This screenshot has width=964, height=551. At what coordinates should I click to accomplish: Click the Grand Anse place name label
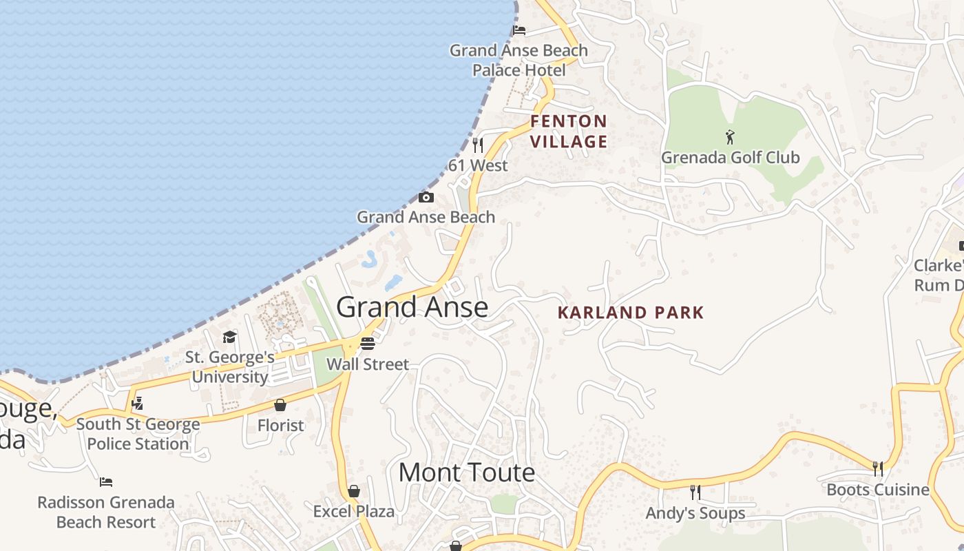(x=412, y=307)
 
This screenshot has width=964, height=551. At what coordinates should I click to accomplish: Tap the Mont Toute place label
(x=466, y=472)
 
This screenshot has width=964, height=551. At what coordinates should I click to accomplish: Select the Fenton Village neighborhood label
(x=569, y=132)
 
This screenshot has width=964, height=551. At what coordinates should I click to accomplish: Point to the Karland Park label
(x=631, y=313)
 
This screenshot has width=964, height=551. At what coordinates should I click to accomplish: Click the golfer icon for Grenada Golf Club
(x=730, y=137)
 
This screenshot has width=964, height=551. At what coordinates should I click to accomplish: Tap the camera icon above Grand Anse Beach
(x=426, y=198)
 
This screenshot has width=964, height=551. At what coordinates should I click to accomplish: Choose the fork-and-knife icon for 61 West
(x=477, y=145)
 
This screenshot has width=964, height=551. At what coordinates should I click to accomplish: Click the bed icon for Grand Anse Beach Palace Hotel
(x=519, y=30)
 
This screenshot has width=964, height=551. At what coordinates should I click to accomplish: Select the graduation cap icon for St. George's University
(x=229, y=337)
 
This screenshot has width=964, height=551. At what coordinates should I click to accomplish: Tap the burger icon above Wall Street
(x=368, y=344)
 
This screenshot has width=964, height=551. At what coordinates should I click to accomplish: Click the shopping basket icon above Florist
(x=280, y=405)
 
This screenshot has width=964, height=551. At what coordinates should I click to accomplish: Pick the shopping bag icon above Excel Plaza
(x=354, y=491)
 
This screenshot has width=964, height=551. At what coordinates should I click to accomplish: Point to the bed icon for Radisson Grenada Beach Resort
(x=106, y=482)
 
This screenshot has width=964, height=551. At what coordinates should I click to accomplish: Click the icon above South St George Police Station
(x=138, y=403)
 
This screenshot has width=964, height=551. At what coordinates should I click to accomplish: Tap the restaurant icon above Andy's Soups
(x=695, y=492)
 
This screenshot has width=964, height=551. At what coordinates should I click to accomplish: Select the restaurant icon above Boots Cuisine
(x=878, y=469)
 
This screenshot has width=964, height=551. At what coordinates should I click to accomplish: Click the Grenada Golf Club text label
(x=730, y=158)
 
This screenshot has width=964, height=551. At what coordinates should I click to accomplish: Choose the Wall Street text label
(x=368, y=364)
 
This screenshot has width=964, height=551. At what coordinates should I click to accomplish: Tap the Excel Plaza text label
(x=354, y=512)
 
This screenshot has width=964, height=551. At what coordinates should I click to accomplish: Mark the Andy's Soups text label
(x=695, y=513)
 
